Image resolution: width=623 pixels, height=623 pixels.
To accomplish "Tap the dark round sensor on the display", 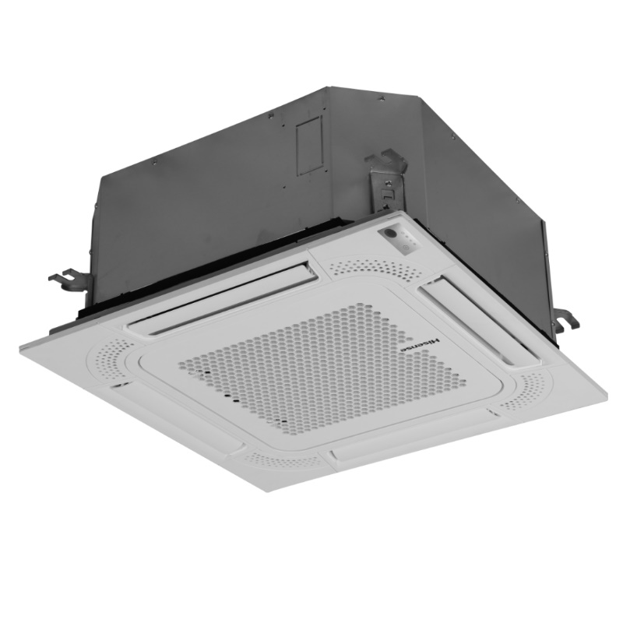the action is (390, 234).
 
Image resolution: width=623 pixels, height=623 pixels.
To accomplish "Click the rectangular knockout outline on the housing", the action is (308, 146).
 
